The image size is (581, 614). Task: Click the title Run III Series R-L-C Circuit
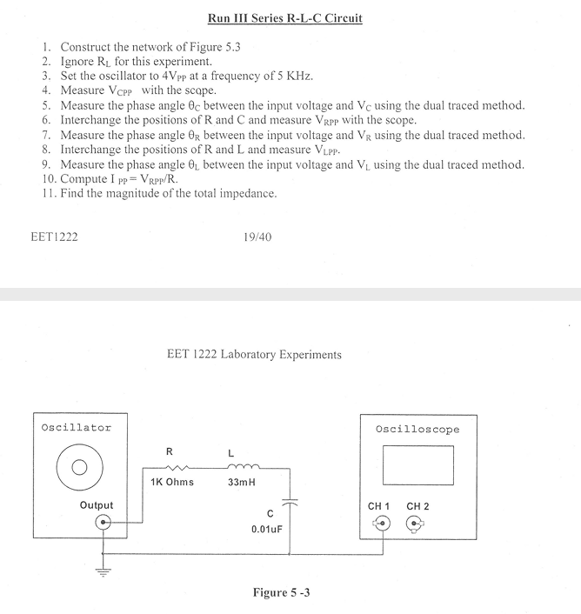coord(286,17)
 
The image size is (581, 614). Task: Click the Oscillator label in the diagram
coord(76,427)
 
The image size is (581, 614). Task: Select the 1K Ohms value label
coord(172,482)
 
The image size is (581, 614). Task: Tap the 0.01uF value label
coord(264,529)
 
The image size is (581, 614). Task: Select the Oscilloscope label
coord(417,430)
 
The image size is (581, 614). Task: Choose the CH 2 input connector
coord(417,524)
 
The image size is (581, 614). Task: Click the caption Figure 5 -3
coord(282,592)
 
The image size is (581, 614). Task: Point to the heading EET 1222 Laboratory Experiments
coord(253,354)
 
